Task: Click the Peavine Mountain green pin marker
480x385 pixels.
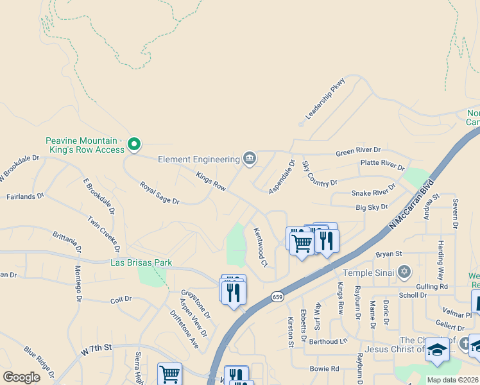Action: (x=133, y=144)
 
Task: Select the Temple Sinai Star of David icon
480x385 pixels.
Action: (x=404, y=273)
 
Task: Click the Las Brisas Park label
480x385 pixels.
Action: (x=141, y=262)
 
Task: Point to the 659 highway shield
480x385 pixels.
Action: (x=277, y=296)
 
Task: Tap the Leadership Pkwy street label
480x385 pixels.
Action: (x=325, y=99)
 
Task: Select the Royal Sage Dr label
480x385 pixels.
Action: (x=160, y=193)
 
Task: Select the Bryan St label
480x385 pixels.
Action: (x=388, y=254)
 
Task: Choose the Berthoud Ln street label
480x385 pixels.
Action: (x=328, y=341)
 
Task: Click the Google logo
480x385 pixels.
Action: (x=21, y=377)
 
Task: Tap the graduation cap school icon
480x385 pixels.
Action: (x=437, y=349)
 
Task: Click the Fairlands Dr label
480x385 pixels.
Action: (x=25, y=196)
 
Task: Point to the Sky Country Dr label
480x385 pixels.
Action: (x=319, y=174)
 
